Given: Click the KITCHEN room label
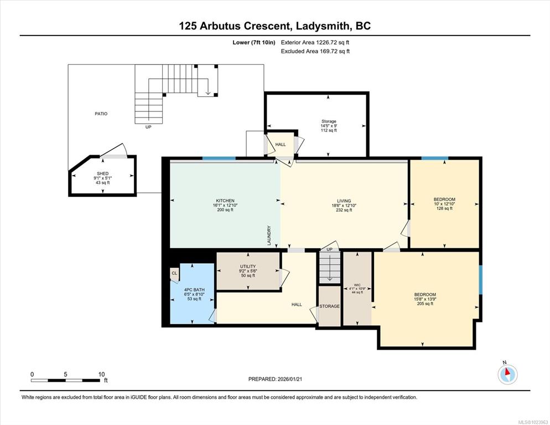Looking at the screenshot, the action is (225, 201).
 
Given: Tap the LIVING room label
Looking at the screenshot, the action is (344, 201).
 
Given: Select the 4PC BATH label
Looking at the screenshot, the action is (194, 290).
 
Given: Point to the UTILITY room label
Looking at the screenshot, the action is (248, 266).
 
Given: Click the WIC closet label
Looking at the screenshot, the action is (357, 285).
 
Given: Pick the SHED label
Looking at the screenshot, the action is (103, 173).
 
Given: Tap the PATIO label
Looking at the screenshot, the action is (101, 114).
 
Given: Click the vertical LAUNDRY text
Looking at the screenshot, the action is (269, 235).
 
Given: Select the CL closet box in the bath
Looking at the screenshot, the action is (174, 274).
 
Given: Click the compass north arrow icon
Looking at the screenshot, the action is (507, 373).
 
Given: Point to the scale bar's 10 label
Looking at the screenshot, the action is (101, 375).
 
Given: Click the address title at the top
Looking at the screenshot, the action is (274, 26).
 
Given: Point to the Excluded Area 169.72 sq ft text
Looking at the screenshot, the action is (315, 52).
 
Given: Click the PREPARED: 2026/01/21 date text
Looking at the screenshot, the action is (275, 379).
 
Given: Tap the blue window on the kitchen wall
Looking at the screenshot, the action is (219, 158).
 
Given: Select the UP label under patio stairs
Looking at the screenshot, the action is (148, 127).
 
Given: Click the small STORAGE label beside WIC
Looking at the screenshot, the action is (329, 306).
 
